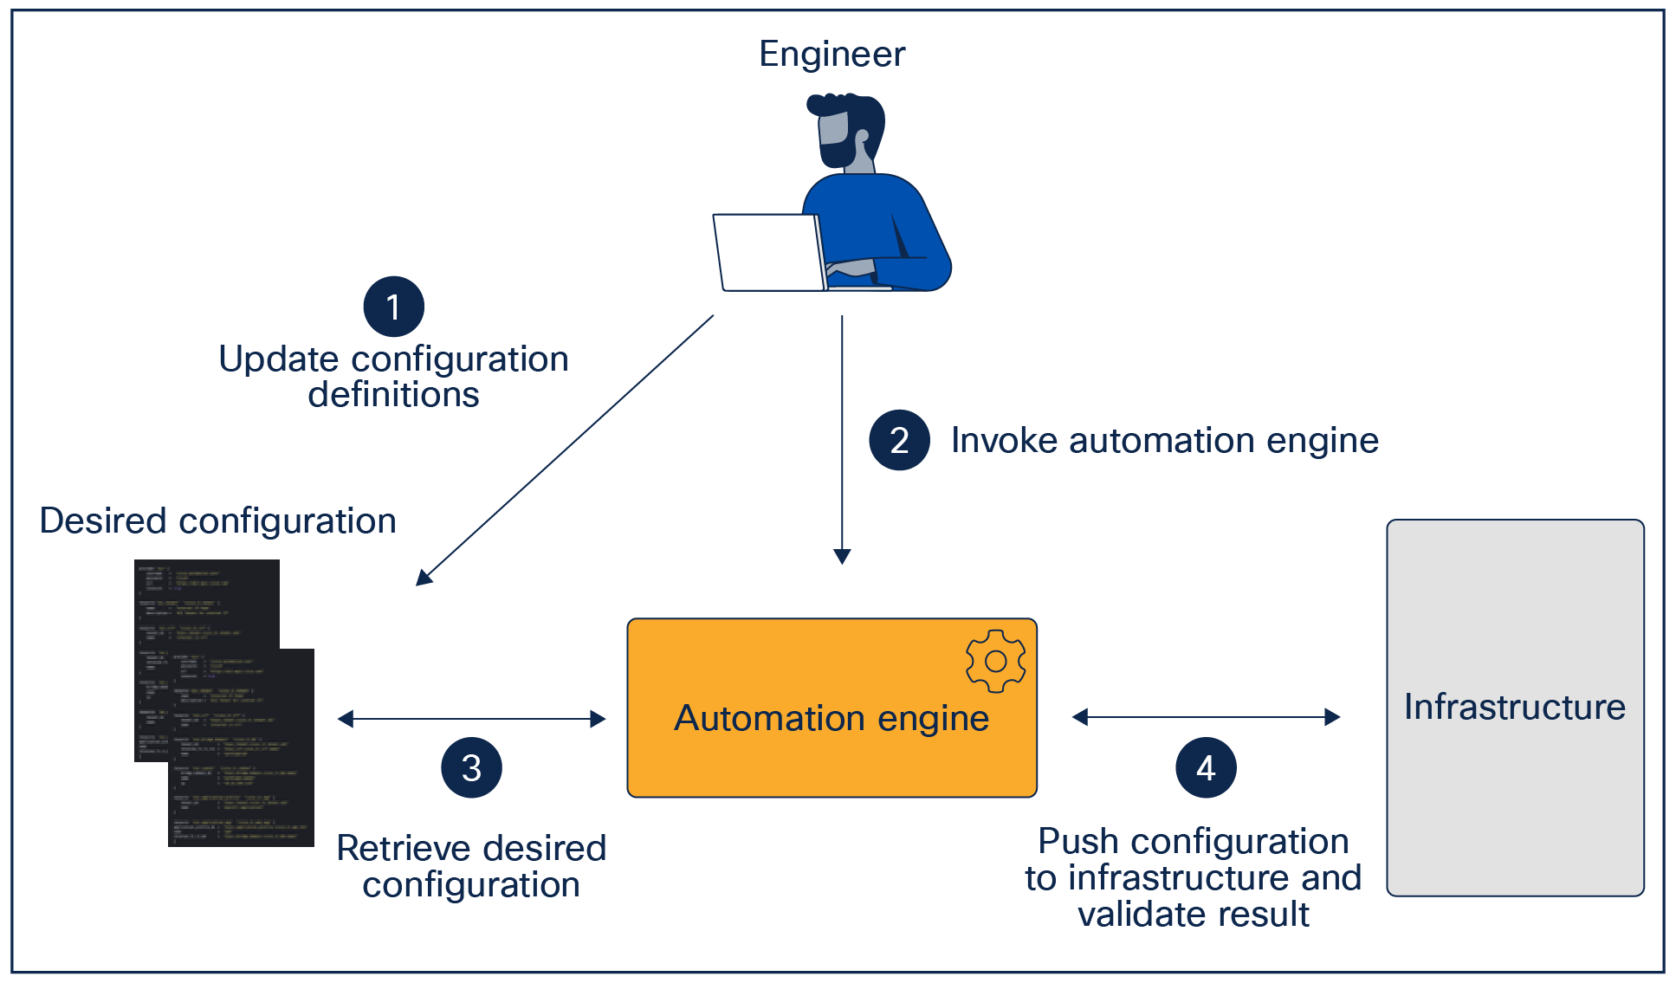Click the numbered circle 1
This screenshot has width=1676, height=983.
point(393,307)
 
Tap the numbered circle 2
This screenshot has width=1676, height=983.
point(899,440)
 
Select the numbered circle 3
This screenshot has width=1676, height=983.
point(471,767)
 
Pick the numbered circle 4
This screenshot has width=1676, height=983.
point(1205,767)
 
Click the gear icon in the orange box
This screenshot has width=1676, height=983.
point(995,662)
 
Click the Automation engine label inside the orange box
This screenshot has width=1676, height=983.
point(832,718)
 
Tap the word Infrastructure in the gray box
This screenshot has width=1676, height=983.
point(1514,707)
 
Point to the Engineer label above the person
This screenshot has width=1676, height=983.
point(832,54)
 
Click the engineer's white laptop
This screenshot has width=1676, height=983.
point(768,252)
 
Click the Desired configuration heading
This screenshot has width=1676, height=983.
point(217,521)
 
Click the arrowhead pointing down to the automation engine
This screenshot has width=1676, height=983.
point(842,556)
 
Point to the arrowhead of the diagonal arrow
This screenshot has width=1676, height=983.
point(423,578)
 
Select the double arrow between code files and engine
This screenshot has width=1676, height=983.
point(471,719)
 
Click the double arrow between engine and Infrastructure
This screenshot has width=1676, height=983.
point(1206,717)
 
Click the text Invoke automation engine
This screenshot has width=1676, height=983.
point(1164,441)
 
